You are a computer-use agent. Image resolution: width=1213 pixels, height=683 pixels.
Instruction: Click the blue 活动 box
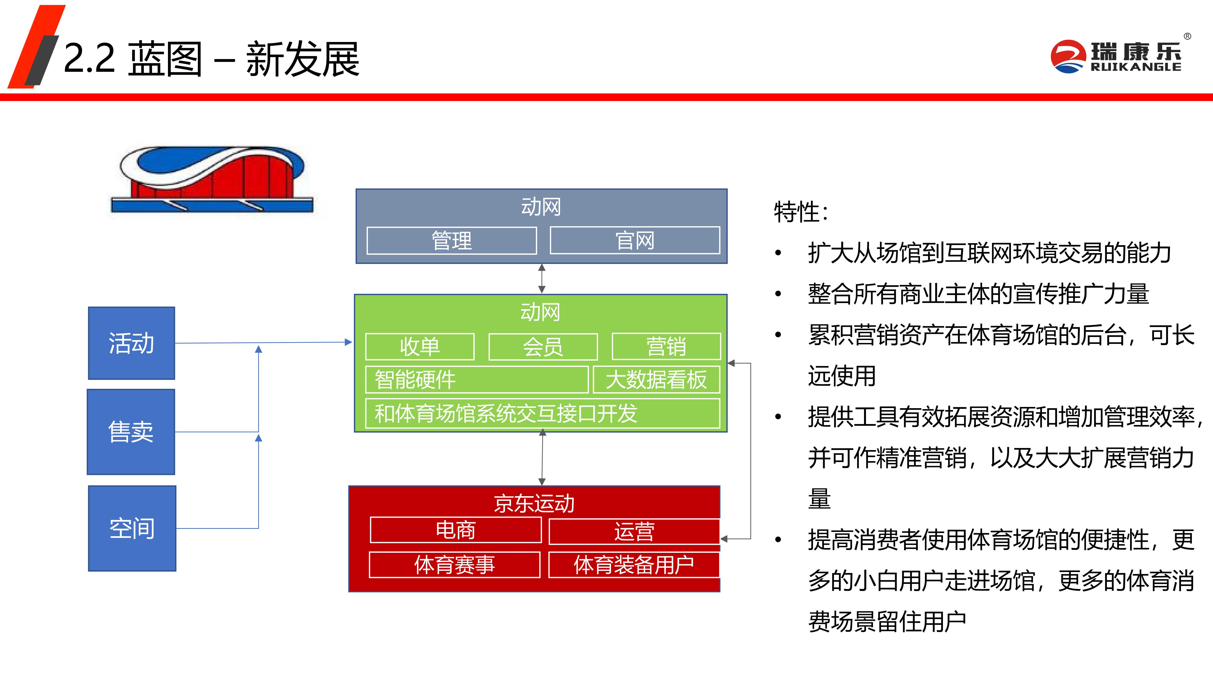[x=131, y=343]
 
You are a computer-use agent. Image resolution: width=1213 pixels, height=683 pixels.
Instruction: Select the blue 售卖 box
[x=131, y=432]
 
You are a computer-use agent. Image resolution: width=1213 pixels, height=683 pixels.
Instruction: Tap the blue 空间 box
[x=132, y=528]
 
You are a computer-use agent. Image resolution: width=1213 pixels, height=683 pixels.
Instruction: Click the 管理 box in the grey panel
[x=452, y=241]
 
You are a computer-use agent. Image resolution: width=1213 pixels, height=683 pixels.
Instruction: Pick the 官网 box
[x=635, y=241]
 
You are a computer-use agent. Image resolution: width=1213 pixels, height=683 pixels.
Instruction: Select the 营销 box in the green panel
[x=666, y=346]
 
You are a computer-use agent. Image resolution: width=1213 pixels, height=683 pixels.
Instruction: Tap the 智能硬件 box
[x=476, y=379]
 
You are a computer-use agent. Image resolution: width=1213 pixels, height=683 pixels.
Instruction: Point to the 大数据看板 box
[x=656, y=379]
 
